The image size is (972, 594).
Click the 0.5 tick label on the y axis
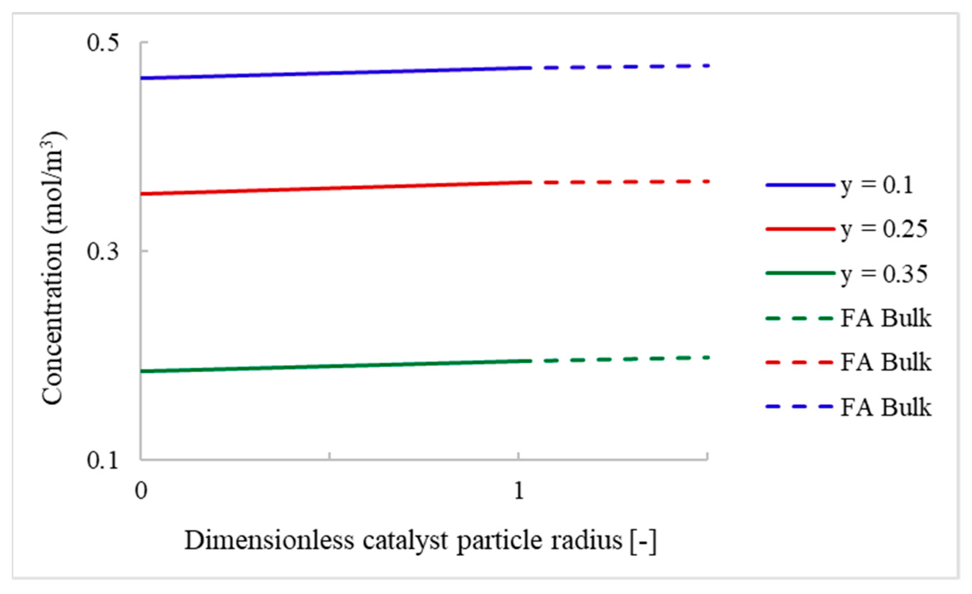coord(103,42)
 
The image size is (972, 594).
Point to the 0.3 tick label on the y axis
coord(103,251)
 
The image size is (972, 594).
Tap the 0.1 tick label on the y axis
coord(103,460)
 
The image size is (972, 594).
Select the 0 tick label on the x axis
coord(141,491)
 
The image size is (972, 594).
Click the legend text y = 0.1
coord(877,185)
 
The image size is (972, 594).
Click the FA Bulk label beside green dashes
coord(886,318)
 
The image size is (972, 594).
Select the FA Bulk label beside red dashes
coord(886,362)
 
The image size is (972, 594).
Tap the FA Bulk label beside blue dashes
coord(886,407)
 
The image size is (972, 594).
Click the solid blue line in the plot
coord(335,73)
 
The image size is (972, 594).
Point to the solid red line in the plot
coord(335,188)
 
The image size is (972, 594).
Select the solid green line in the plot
coord(335,366)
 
